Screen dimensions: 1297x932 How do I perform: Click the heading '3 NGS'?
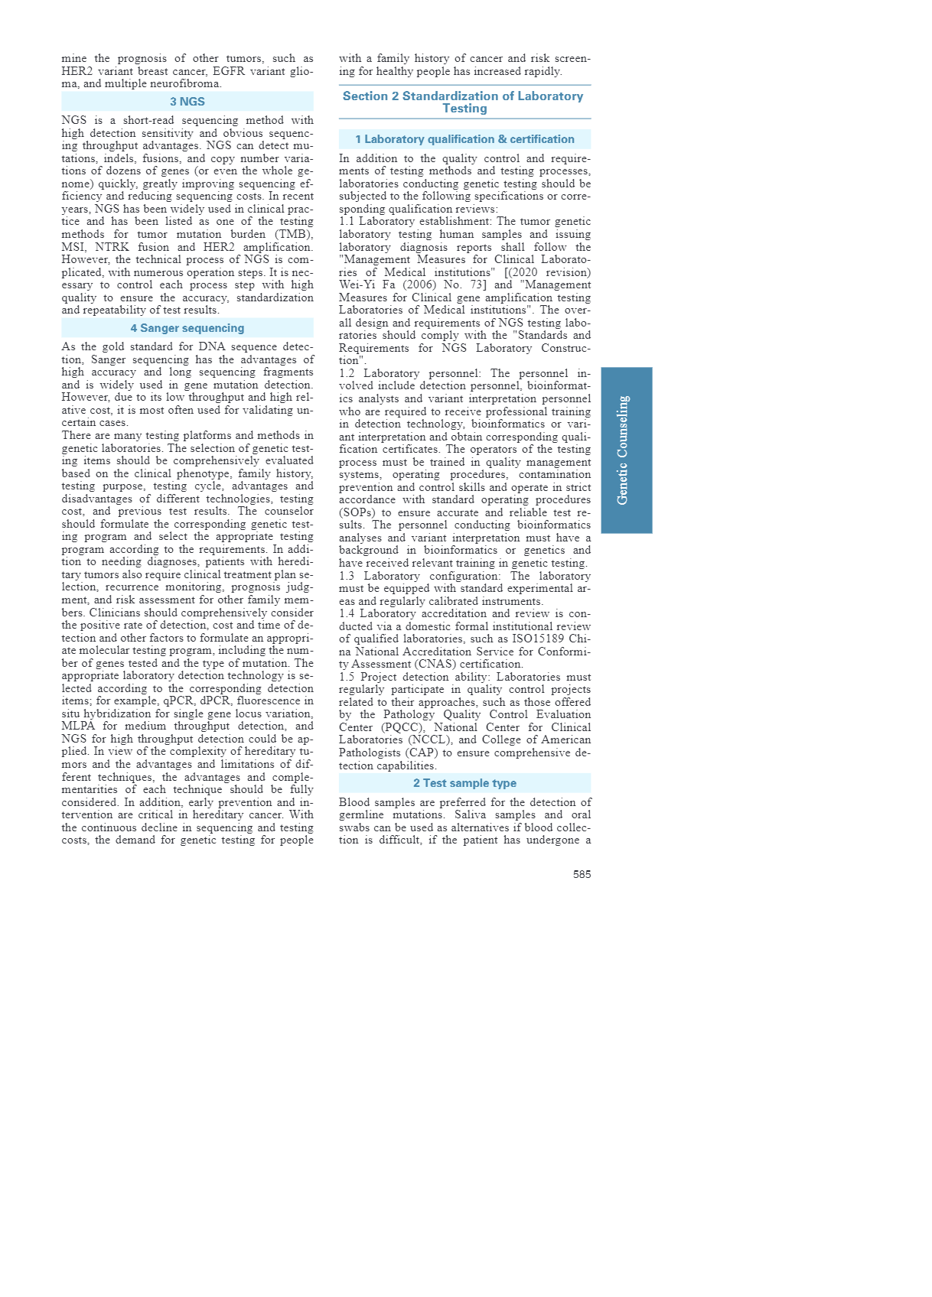click(187, 102)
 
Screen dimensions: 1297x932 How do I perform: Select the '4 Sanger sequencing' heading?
click(187, 328)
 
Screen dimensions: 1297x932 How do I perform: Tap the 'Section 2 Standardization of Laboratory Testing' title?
click(464, 102)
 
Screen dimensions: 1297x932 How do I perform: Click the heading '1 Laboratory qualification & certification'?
click(464, 139)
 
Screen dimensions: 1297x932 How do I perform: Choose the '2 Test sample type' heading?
click(464, 783)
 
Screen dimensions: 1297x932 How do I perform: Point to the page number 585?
click(582, 874)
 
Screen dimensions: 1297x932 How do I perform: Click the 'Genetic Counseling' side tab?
click(626, 450)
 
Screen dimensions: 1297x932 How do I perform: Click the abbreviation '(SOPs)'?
click(358, 512)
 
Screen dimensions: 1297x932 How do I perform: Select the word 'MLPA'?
click(78, 726)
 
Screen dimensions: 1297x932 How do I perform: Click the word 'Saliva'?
click(471, 814)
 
